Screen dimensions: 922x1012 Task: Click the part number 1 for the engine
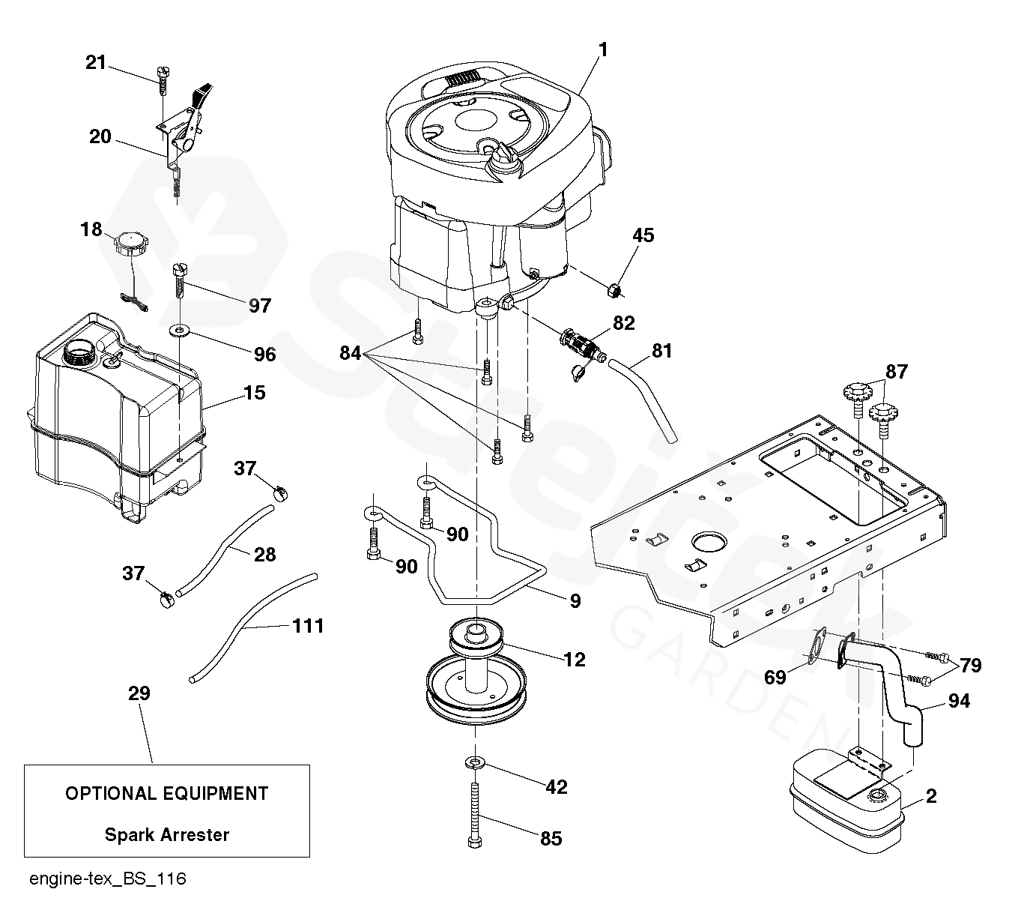click(602, 49)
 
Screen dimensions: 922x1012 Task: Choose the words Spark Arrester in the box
click(167, 834)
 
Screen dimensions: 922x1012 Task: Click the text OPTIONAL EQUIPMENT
click(167, 793)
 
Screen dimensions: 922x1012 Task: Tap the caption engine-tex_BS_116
click(108, 879)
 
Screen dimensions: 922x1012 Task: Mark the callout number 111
click(308, 625)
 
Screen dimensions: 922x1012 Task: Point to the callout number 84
click(351, 352)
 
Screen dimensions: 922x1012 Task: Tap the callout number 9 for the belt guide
click(575, 600)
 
